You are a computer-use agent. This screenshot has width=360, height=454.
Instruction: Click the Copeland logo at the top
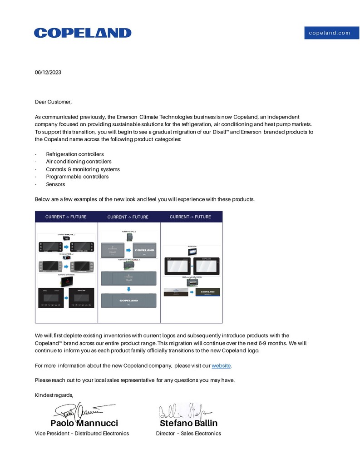[83, 33]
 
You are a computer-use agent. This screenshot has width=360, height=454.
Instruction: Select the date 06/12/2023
[48, 72]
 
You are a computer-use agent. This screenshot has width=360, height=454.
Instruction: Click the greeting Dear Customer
[53, 102]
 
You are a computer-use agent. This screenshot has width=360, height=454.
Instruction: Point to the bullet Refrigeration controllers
[75, 154]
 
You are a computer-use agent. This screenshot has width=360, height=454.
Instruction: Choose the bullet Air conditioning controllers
[79, 162]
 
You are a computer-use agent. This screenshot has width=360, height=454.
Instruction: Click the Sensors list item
[55, 184]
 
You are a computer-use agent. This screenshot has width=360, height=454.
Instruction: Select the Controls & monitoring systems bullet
[83, 169]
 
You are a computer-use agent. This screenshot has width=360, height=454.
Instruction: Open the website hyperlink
[221, 365]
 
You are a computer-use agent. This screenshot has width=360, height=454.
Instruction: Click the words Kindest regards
[54, 395]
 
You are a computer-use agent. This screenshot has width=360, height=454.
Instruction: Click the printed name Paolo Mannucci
[84, 423]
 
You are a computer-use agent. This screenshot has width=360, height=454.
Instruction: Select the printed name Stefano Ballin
[188, 423]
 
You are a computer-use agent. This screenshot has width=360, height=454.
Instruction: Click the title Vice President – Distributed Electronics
[82, 434]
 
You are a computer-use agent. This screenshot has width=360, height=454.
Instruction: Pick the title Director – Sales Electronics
[188, 434]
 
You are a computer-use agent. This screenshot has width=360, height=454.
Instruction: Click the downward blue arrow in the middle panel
[128, 289]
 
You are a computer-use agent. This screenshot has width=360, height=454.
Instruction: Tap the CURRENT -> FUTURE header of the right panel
[190, 217]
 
